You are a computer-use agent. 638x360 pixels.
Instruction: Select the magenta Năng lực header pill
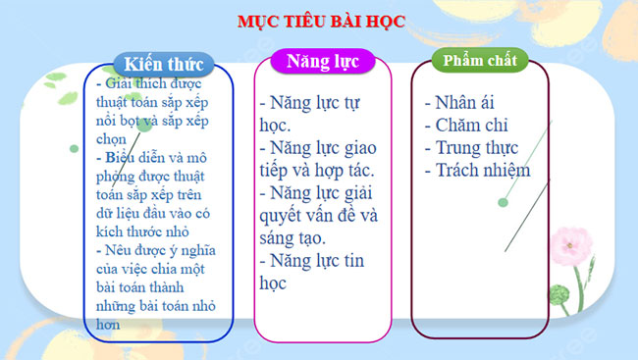point(322,62)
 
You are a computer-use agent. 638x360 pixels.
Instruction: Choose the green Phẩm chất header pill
point(479,60)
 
